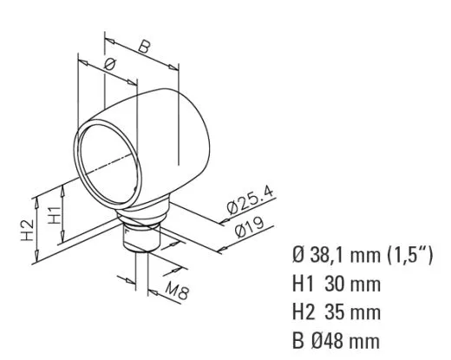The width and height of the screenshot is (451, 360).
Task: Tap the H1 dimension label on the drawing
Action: [54, 216]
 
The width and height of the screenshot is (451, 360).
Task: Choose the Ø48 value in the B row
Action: [330, 338]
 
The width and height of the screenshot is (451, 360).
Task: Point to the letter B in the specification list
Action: [299, 338]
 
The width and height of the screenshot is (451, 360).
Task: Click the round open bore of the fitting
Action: [108, 165]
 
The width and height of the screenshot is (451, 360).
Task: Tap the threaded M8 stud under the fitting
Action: [140, 238]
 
